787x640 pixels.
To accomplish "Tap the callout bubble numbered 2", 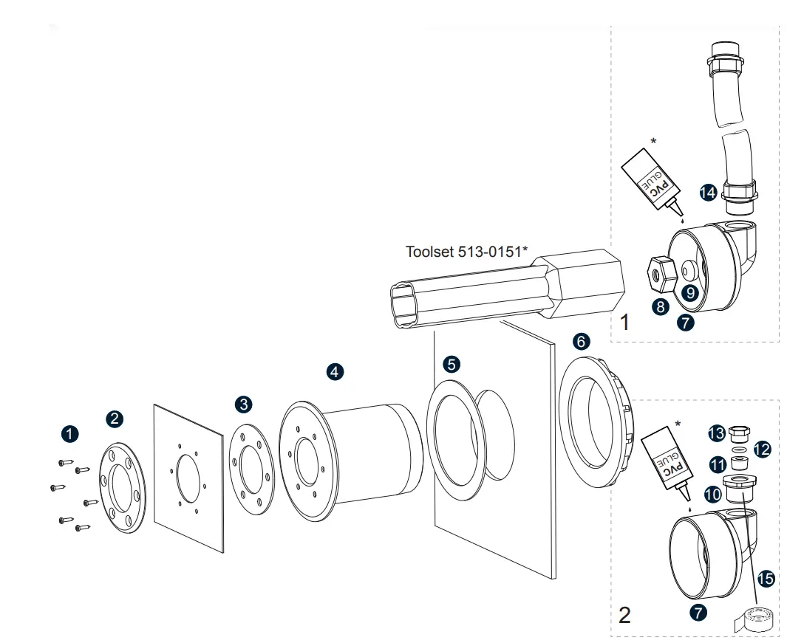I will click(x=115, y=419).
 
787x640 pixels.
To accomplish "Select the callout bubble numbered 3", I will click(x=243, y=404).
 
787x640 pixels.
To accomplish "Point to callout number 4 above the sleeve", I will click(x=335, y=372).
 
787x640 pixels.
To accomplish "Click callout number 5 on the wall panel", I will click(x=452, y=363).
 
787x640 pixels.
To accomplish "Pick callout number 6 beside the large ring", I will click(x=582, y=341).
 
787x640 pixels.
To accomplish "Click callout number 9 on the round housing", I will click(x=689, y=292).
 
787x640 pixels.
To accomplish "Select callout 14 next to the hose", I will click(x=709, y=193).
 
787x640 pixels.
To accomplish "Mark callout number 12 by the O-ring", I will click(x=762, y=449).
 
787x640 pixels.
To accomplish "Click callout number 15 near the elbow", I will click(x=766, y=579).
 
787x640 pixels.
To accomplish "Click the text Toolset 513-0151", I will click(x=466, y=252).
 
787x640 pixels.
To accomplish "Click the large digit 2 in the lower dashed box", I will click(x=624, y=615).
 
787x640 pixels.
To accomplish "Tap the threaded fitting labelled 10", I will click(x=740, y=489).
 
